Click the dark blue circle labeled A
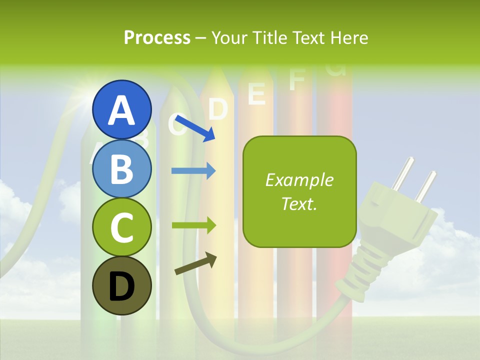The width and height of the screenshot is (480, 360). pyautogui.click(x=121, y=109)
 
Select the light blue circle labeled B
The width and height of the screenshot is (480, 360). pyautogui.click(x=121, y=168)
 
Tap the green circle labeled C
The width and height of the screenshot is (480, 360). pyautogui.click(x=121, y=227)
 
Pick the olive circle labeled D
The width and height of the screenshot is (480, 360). pyautogui.click(x=121, y=285)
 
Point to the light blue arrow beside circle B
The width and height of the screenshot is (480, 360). pyautogui.click(x=193, y=171)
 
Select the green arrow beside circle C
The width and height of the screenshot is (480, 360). pyautogui.click(x=193, y=225)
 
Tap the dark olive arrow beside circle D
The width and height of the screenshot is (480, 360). pyautogui.click(x=196, y=263)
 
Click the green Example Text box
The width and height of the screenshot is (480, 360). pyautogui.click(x=299, y=192)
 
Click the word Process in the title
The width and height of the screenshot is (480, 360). pyautogui.click(x=157, y=37)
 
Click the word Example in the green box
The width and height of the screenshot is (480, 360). pyautogui.click(x=299, y=180)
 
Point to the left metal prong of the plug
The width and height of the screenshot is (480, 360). pyautogui.click(x=403, y=172)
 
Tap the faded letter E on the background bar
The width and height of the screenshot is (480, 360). pyautogui.click(x=256, y=93)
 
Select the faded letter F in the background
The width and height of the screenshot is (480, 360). pyautogui.click(x=296, y=80)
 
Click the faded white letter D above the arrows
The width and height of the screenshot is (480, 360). pyautogui.click(x=218, y=109)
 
